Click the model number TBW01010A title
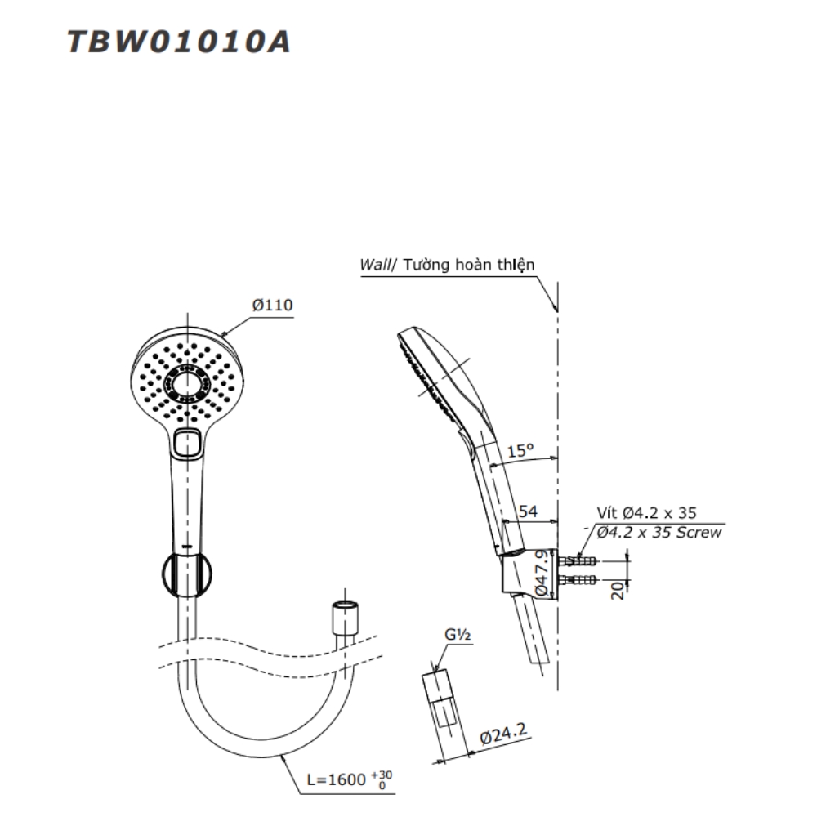click(178, 42)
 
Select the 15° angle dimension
click(520, 449)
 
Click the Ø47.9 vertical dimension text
click(541, 572)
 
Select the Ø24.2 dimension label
click(503, 738)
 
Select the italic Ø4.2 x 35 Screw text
click(659, 533)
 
